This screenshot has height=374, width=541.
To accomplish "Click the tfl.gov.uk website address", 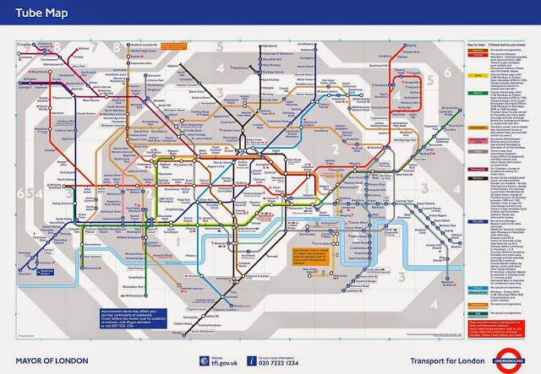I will [221, 361].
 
